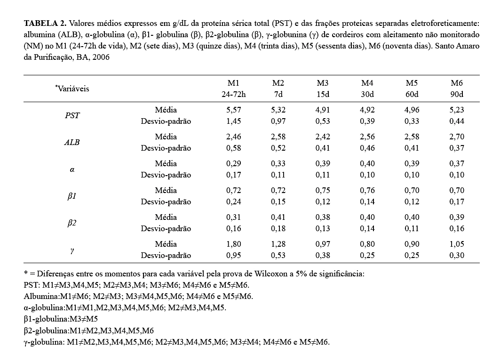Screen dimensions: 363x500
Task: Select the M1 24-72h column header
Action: (234, 89)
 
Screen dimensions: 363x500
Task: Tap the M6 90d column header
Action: (456, 89)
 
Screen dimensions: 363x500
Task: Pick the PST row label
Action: (72, 115)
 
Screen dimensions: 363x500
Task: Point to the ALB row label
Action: (72, 142)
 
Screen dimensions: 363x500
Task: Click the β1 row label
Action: (72, 196)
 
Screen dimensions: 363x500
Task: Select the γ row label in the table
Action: (72, 250)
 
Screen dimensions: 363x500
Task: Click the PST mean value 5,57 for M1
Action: (234, 110)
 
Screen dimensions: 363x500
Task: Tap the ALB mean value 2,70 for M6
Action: (456, 137)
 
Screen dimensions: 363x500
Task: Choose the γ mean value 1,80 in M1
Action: (234, 244)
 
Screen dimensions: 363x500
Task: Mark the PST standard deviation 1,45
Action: (234, 121)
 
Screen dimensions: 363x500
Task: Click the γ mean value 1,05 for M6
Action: (456, 244)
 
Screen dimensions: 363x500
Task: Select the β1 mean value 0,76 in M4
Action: (367, 191)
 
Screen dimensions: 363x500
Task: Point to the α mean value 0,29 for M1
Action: (234, 164)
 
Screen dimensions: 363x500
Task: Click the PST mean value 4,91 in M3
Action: (323, 110)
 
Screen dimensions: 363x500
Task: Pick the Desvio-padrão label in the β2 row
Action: (166, 229)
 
